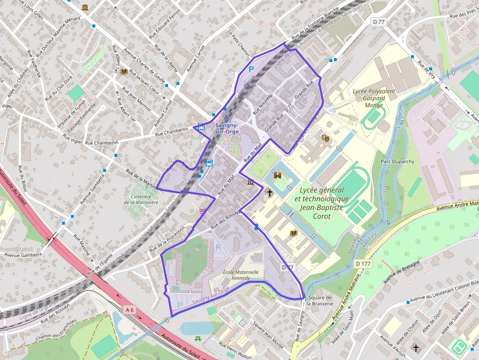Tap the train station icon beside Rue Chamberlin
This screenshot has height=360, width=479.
tap(201, 126)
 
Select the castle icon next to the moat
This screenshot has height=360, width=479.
tap(278, 175)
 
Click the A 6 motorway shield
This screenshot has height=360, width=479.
tap(129, 310)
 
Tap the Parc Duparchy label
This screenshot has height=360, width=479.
tap(397, 161)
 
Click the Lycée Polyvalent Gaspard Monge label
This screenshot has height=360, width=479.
tap(374, 98)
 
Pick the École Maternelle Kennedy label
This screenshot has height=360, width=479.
tap(237, 275)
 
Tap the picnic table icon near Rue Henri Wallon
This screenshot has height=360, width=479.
tap(198, 339)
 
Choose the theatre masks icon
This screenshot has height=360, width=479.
tap(325, 138)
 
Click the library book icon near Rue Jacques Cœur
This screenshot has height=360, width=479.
tap(124, 72)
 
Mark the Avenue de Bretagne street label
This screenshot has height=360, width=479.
tap(402, 272)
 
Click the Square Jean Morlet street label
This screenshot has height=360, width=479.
tap(268, 335)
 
